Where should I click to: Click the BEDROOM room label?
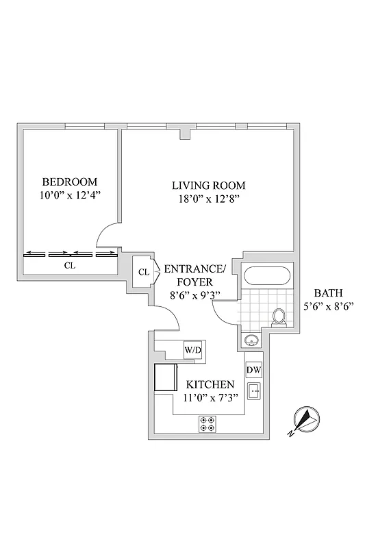69,182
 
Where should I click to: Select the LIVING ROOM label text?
207,186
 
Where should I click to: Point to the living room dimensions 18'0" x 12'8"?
207,199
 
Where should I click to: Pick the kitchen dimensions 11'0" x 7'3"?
213,399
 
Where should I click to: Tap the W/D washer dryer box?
192,351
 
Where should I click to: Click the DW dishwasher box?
253,370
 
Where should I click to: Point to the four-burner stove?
206,424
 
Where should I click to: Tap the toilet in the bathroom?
279,316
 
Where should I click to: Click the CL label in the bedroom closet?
69,265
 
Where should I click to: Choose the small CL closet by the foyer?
144,272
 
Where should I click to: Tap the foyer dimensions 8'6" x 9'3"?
194,295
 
